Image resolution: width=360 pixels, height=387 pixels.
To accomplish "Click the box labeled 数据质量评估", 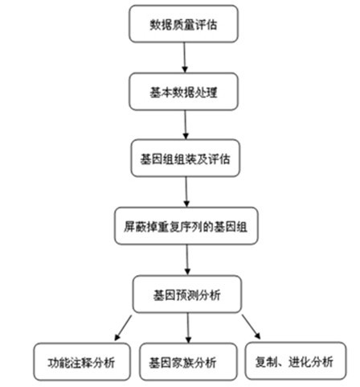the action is [183, 24].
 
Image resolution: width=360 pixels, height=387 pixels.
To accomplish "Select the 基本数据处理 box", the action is [183, 92].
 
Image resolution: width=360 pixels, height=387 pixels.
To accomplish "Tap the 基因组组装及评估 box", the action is [186, 159].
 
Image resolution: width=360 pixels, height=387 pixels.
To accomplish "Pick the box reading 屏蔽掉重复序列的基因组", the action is [186, 226].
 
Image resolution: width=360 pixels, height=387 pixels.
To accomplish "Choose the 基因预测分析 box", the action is [187, 294].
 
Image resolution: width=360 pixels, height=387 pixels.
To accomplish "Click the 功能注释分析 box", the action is [82, 362].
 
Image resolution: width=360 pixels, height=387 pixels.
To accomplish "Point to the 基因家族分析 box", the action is [188, 362].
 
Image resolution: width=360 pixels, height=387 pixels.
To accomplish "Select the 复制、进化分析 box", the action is [296, 361].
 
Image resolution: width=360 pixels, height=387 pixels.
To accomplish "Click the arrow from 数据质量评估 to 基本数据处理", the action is [184, 58].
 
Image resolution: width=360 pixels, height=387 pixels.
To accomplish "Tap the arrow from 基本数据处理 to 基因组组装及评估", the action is [186, 125].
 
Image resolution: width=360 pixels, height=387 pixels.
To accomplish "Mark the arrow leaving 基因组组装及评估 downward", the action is [186, 191].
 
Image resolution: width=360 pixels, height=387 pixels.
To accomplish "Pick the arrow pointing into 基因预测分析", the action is [187, 260].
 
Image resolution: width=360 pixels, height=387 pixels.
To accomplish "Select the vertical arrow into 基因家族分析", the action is [188, 328].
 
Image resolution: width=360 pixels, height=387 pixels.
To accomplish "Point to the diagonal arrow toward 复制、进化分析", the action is [252, 327].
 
